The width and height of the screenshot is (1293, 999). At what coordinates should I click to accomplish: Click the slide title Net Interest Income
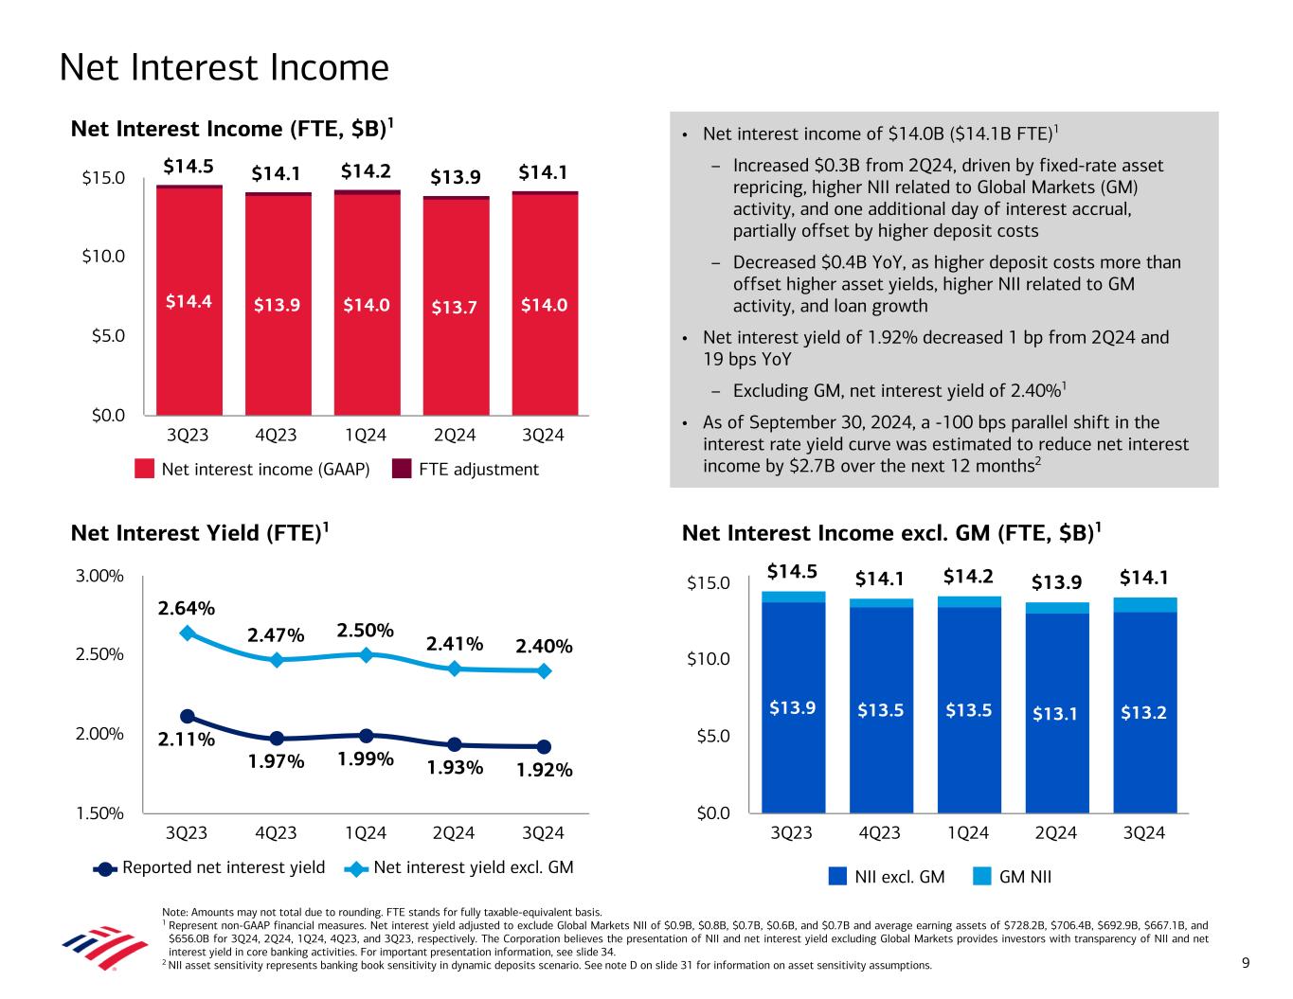(x=224, y=68)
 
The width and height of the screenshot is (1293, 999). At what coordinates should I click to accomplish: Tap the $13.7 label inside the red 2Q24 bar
(x=455, y=306)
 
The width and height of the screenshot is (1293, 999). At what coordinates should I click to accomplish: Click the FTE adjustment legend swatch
(x=403, y=470)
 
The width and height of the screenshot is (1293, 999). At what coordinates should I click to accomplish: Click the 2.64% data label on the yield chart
(x=186, y=607)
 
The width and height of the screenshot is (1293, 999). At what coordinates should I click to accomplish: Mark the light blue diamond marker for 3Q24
(x=544, y=670)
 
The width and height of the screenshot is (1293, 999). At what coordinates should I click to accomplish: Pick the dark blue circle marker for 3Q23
(x=188, y=717)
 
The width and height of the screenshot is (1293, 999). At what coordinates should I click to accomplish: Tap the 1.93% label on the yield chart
(x=455, y=768)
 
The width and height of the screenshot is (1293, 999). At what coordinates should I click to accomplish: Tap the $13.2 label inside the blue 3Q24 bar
(x=1143, y=712)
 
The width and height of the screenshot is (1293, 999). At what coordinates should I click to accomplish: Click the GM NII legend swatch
(x=981, y=877)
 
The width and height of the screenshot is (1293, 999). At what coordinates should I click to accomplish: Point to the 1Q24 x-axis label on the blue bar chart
(x=968, y=833)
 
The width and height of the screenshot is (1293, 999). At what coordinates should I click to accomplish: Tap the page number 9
(x=1246, y=964)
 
